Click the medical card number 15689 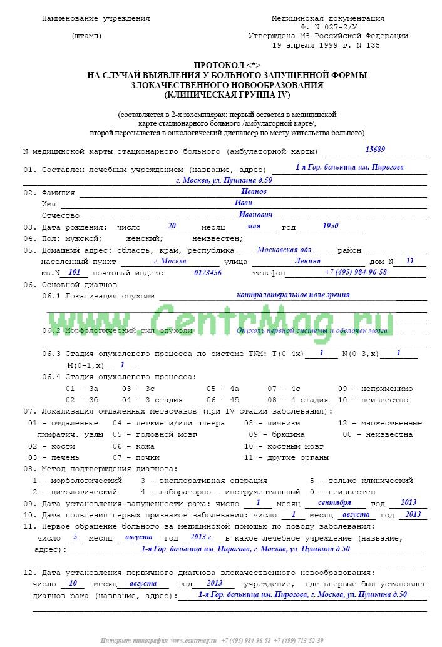(375, 149)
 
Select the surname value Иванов (254, 191)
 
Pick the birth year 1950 (331, 226)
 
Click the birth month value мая (254, 226)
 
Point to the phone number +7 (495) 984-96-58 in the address (356, 272)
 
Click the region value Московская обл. (285, 249)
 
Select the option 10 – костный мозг (284, 446)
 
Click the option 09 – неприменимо (375, 388)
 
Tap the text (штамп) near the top (87, 36)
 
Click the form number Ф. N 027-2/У (327, 28)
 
